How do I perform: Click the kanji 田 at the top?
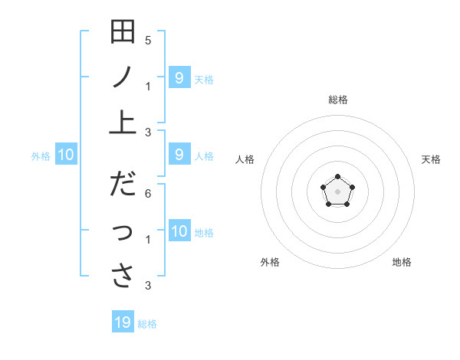coord(123,33)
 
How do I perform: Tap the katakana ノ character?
coord(123,78)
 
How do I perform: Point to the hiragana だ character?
coord(123,185)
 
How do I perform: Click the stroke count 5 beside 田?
coord(148,40)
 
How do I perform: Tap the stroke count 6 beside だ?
coord(148,194)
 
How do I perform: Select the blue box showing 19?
coord(123,322)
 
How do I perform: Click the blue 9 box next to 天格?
coord(179,77)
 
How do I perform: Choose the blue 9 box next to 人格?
coord(179,155)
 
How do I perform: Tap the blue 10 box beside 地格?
coord(179,231)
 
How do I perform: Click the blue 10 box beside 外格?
coord(66,155)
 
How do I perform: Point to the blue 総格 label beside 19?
coord(147,324)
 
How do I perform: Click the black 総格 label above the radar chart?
coord(337,100)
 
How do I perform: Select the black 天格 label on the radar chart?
coord(431,159)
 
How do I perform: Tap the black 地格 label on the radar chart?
coord(402,262)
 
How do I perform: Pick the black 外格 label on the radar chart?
coord(270,262)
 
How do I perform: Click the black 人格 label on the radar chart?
coord(245,159)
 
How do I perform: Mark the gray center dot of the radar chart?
coord(337,191)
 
